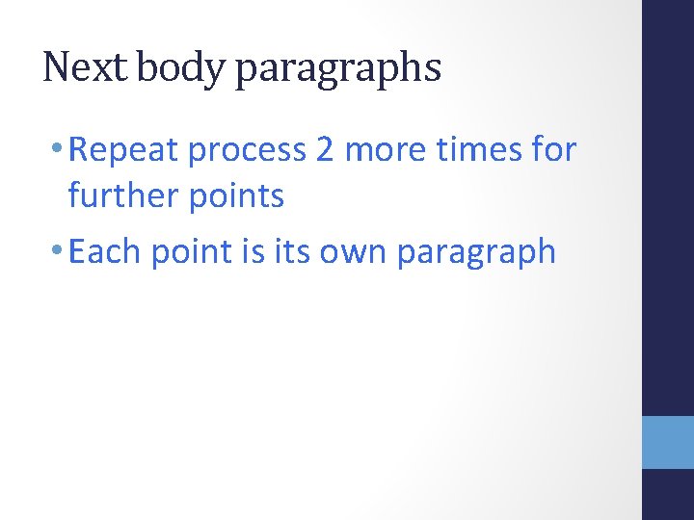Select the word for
coord(555,151)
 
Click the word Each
coord(105,251)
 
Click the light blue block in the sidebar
coord(668,442)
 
